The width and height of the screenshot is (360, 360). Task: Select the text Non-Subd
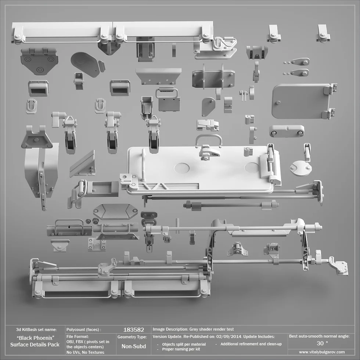[134, 346]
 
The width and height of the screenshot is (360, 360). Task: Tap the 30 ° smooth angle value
[322, 343]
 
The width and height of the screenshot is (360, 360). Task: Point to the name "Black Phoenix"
[36, 338]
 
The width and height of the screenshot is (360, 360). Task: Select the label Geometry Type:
[132, 337]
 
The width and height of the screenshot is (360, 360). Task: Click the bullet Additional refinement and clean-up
[251, 344]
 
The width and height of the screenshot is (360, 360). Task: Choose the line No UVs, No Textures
[85, 352]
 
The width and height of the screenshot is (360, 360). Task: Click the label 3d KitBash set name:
[36, 329]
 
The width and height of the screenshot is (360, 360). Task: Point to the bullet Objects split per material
[184, 344]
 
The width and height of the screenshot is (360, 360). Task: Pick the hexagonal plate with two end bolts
[115, 212]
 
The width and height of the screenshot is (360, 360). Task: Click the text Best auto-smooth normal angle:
[319, 336]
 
